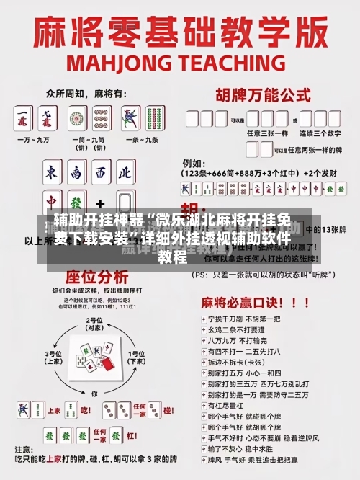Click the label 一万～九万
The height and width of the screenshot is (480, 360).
point(34,138)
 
